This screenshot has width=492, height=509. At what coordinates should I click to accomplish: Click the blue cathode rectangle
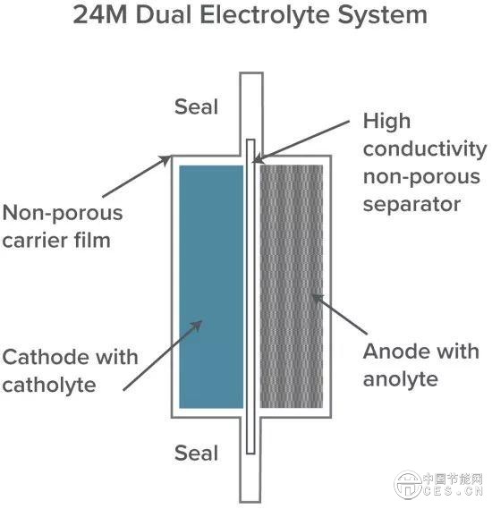211,286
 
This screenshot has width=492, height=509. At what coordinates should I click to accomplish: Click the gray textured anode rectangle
292,286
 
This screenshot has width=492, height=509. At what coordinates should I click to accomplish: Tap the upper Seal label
196,106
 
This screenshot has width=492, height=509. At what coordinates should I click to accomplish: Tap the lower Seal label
196,453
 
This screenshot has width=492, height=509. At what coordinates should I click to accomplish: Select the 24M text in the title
99,15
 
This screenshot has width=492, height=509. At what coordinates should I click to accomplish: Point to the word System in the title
382,15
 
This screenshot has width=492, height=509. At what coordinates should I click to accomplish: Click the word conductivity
425,149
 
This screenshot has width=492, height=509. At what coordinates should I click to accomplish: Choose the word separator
411,205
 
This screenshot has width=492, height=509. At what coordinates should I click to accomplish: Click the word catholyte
49,385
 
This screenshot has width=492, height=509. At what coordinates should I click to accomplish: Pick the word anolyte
401,379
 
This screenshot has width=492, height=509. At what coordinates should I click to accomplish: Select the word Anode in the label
394,352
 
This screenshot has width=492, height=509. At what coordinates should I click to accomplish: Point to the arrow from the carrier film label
137,176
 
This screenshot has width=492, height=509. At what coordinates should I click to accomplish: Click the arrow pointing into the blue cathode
163,355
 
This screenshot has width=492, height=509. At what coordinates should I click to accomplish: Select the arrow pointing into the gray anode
339,314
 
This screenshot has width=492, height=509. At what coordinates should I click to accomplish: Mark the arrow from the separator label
301,141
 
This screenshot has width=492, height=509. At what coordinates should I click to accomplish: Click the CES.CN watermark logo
438,485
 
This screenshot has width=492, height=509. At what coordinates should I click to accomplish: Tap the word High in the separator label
386,122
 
